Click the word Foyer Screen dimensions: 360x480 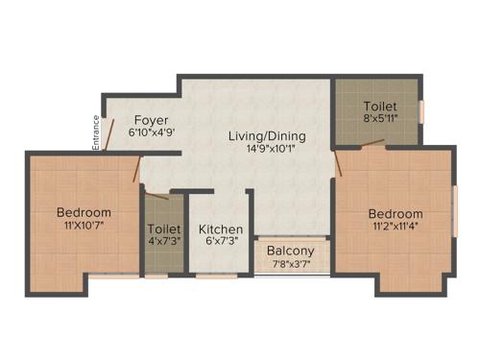point(152,120)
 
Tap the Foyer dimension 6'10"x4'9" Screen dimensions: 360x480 point(152,133)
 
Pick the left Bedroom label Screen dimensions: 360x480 point(84,212)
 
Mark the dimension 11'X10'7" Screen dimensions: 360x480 point(84,226)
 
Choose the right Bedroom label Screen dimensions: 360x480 point(396,213)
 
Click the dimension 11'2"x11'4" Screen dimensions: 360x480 point(396,227)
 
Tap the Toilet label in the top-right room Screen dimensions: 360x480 point(378,106)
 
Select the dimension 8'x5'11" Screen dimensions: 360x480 point(378,119)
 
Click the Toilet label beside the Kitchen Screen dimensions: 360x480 point(161,230)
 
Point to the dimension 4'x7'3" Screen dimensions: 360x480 point(161,244)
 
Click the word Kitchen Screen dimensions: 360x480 point(221,230)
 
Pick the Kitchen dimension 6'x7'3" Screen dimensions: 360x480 point(221,244)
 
